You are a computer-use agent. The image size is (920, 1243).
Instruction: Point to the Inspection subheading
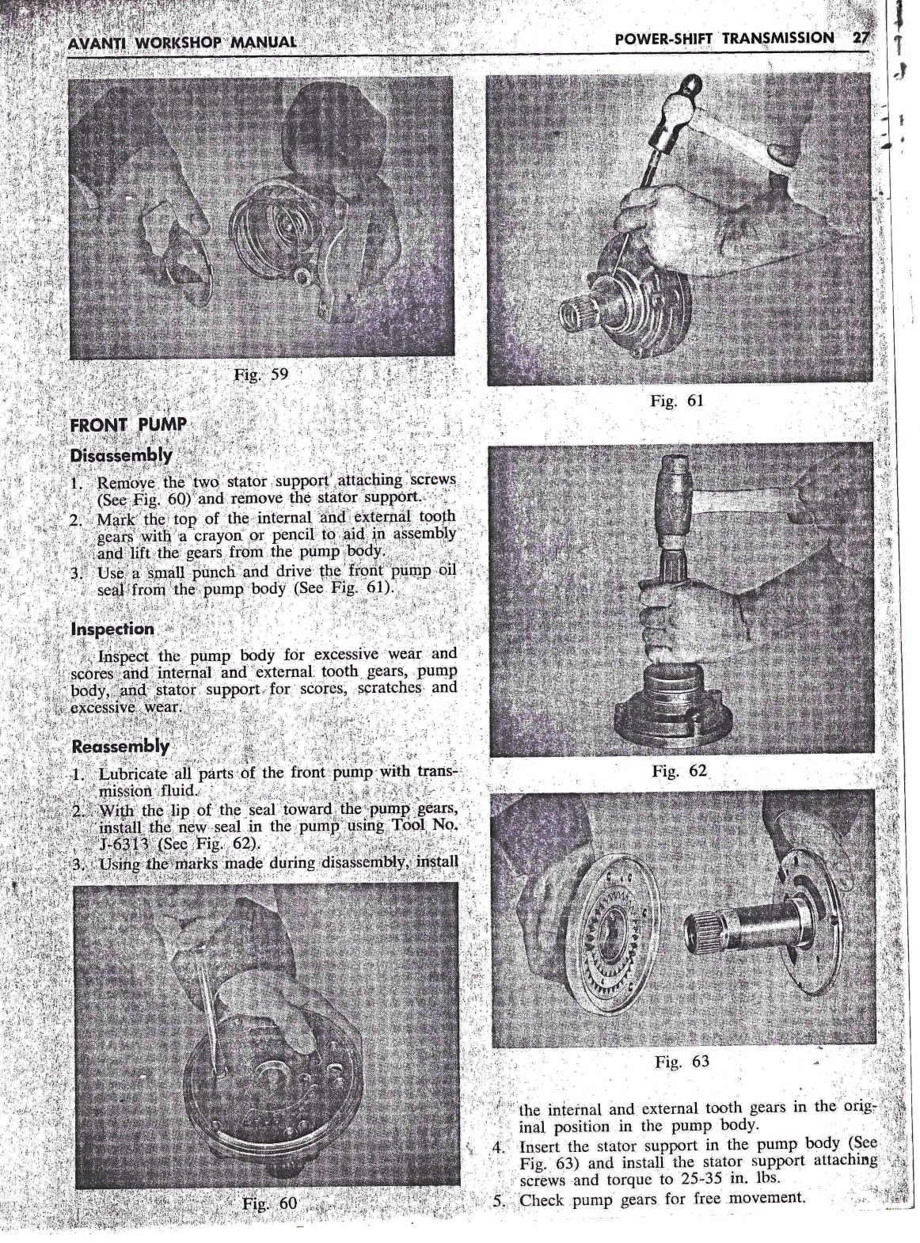tap(112, 629)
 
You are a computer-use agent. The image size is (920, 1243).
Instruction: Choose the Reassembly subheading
tap(120, 747)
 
